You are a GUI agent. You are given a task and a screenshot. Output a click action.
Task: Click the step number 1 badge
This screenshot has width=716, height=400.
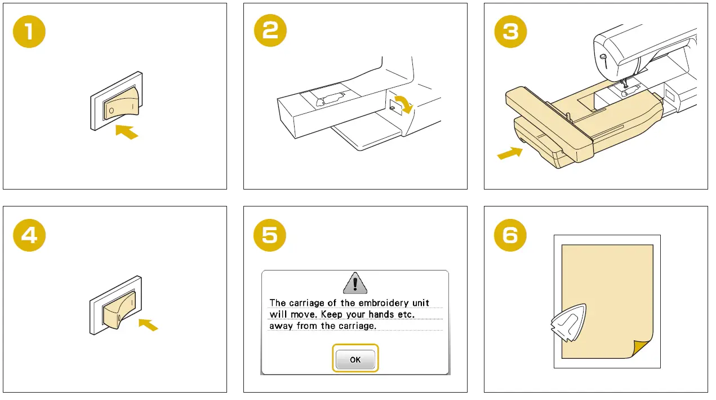pos(29,32)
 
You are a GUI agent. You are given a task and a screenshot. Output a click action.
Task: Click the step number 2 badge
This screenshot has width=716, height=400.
pos(270,30)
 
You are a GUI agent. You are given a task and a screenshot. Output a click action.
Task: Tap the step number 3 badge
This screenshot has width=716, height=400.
pos(510,32)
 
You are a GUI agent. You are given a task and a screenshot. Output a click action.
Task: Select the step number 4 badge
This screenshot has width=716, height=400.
pos(29,235)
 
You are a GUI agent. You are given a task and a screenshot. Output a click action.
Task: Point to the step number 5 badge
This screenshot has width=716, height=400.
pos(270,235)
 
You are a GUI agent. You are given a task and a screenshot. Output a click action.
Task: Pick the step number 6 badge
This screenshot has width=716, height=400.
pos(510,235)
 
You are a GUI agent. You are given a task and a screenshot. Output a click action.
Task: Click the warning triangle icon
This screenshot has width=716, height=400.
pos(355,283)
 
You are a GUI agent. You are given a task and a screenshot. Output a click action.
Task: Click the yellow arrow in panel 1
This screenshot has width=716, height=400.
pos(127,132)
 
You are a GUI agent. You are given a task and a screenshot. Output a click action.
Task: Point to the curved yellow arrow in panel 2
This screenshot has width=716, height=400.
pos(404,104)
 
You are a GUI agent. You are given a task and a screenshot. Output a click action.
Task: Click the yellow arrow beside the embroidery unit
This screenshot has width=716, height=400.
pos(510,153)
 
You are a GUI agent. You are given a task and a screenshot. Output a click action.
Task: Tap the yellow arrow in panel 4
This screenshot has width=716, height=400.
pos(148,324)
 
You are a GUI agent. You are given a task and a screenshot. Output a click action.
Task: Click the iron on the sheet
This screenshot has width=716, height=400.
pos(568,322)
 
